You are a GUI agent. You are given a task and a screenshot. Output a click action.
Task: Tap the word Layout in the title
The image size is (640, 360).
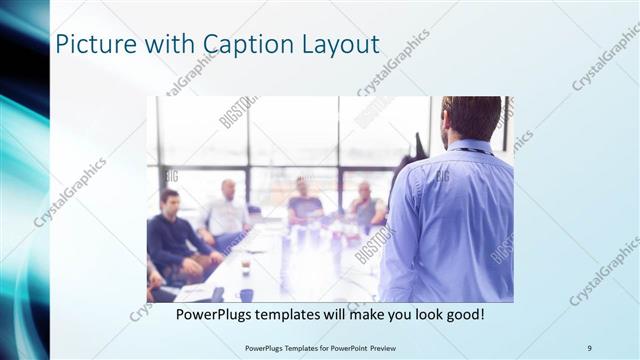pyautogui.click(x=340, y=45)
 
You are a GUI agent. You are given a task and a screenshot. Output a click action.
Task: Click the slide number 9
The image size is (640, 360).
pyautogui.click(x=589, y=347)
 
